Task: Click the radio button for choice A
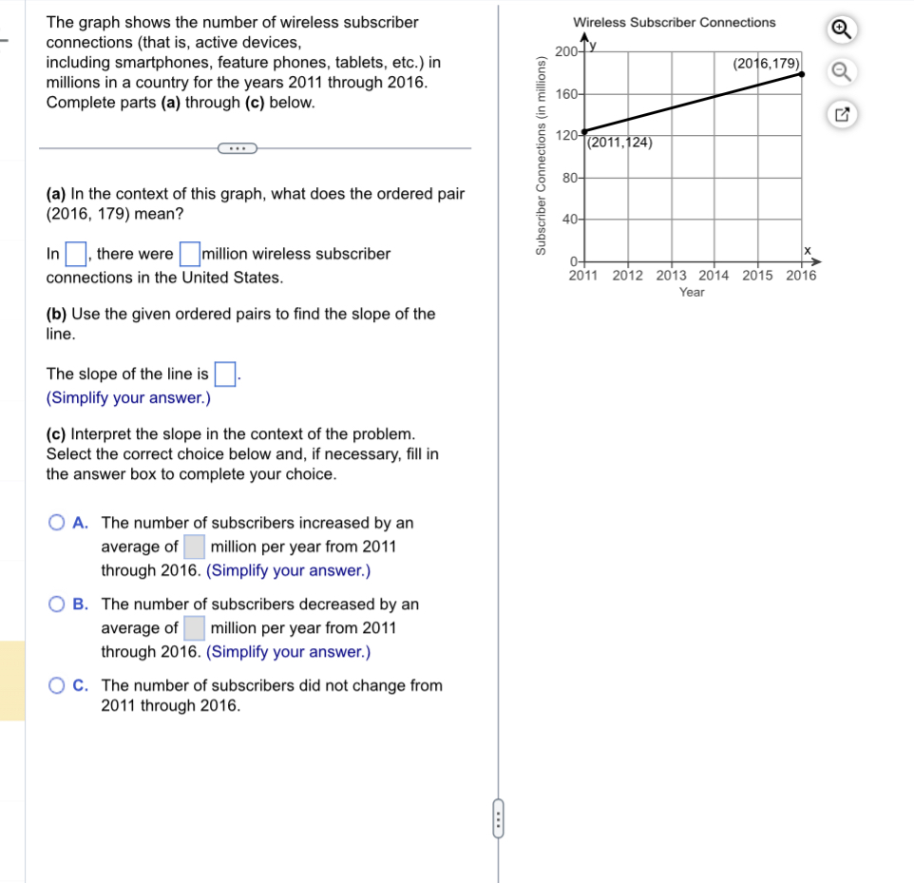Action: [57, 523]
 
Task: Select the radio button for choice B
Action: [57, 605]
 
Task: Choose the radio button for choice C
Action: [57, 685]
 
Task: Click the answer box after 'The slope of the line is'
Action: [224, 374]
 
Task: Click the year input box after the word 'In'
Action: [76, 255]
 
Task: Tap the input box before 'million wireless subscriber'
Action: [190, 255]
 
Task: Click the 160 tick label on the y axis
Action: [566, 94]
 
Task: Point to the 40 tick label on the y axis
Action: [569, 220]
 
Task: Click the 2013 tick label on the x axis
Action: [672, 276]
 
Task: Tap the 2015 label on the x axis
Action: [757, 276]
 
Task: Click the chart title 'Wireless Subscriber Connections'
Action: [674, 22]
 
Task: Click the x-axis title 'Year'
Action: [692, 293]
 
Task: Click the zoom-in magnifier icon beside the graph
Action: [841, 30]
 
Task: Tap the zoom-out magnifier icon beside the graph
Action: [841, 72]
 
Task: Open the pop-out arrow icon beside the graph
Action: [841, 115]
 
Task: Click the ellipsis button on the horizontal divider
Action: [237, 148]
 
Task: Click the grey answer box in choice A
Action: [194, 547]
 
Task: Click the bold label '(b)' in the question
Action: [56, 314]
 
